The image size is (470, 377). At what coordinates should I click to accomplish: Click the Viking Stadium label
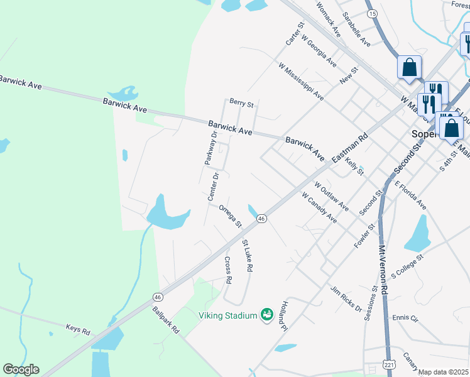(227, 315)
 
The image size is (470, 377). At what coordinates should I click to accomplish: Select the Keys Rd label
(78, 328)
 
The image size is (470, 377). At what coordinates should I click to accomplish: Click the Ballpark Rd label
(166, 320)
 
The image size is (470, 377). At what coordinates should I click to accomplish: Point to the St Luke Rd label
(247, 256)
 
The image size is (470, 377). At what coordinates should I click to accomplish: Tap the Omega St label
(231, 216)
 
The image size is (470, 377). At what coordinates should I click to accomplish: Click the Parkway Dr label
(210, 148)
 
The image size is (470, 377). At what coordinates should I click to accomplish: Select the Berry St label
(241, 102)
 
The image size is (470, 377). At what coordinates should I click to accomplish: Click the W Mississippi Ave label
(300, 81)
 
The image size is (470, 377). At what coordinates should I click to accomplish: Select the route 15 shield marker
(372, 13)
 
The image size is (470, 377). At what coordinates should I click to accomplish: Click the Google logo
(21, 369)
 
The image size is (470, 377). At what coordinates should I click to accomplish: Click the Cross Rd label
(228, 269)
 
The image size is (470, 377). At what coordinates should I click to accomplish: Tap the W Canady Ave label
(319, 207)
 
